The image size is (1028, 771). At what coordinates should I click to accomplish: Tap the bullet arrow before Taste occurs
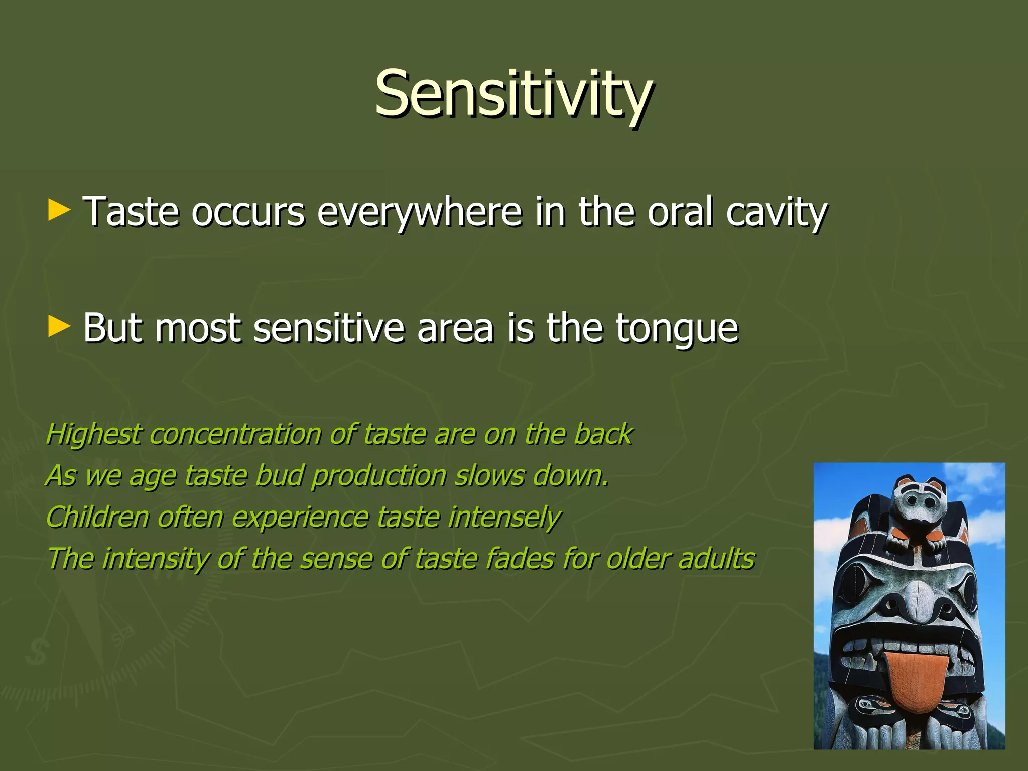59,211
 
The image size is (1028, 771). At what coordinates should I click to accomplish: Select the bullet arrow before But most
59,327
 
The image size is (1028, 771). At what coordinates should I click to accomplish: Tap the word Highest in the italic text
93,435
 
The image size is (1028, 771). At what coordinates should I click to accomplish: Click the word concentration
235,435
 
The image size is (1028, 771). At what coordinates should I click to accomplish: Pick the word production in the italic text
378,476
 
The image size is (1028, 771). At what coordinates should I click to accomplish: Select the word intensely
504,518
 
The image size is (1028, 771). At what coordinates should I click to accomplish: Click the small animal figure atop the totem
916,512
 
